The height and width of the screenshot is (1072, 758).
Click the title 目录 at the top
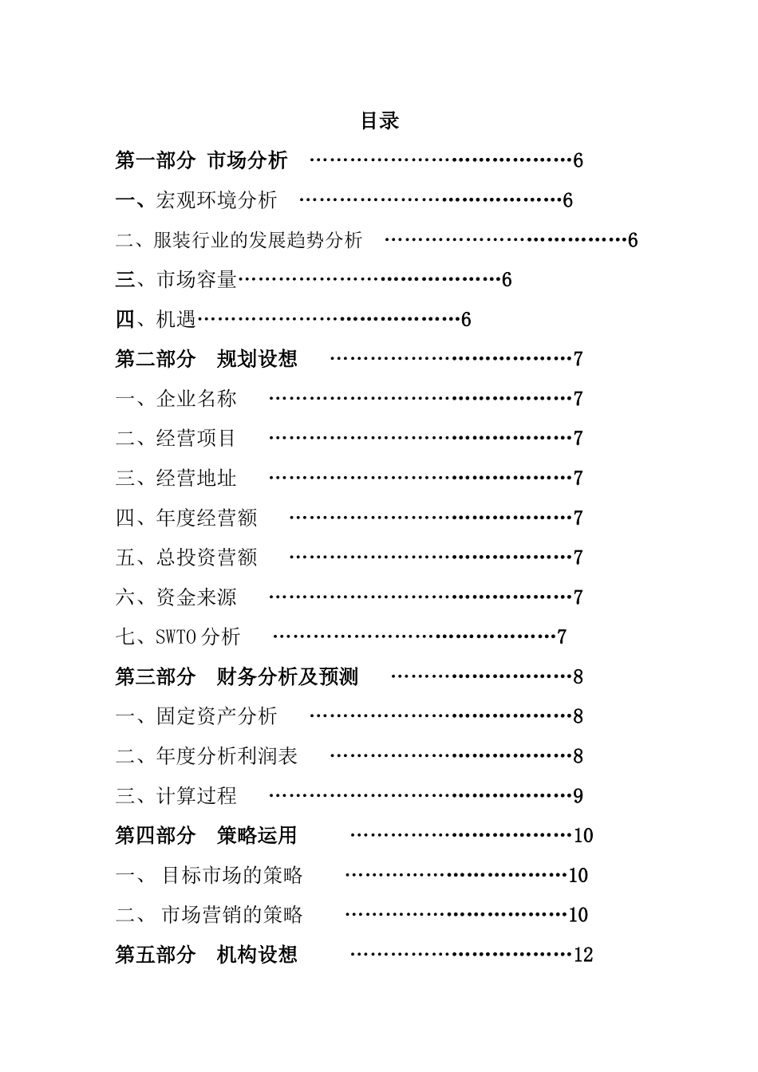point(379,121)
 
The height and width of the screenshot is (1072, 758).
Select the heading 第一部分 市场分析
point(201,160)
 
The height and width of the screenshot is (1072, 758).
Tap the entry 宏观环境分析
point(216,199)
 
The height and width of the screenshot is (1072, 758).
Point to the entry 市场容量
point(196,279)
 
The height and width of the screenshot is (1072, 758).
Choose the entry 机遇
point(176,319)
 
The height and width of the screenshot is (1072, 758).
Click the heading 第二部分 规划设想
point(206,359)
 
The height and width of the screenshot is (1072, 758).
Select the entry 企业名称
point(196,399)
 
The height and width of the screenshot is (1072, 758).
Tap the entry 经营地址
point(196,478)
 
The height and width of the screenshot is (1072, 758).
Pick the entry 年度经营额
point(207,518)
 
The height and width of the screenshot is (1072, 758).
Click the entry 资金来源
point(196,597)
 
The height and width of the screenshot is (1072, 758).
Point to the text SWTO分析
point(198,636)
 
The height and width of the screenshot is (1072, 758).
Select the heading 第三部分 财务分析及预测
point(237,676)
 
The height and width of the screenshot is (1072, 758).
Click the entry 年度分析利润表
point(227,755)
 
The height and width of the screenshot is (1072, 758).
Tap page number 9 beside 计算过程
point(578,796)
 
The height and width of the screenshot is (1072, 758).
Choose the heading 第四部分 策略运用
point(206,835)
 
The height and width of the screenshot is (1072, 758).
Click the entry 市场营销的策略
point(231,914)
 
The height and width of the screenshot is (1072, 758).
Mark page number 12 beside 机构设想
point(583,955)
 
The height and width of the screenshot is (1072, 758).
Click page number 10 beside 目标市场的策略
point(578,875)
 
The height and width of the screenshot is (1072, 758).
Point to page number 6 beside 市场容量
point(507,280)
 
